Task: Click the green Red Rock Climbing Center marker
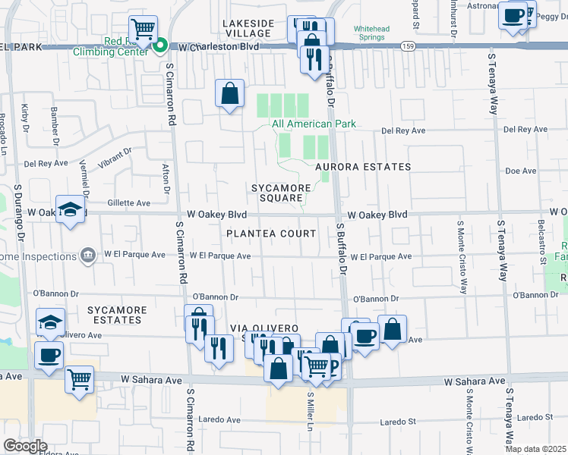pyautogui.click(x=160, y=46)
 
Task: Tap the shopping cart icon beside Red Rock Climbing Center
pyautogui.click(x=143, y=28)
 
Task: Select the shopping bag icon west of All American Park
pyautogui.click(x=229, y=94)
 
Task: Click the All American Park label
pyautogui.click(x=314, y=124)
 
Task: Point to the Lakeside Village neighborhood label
pyautogui.click(x=248, y=28)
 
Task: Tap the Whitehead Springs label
pyautogui.click(x=376, y=34)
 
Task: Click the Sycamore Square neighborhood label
pyautogui.click(x=282, y=193)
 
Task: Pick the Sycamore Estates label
pyautogui.click(x=114, y=315)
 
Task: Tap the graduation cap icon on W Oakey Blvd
pyautogui.click(x=70, y=212)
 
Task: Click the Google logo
pyautogui.click(x=25, y=445)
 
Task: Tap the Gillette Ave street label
pyautogui.click(x=129, y=203)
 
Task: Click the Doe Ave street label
pyautogui.click(x=521, y=171)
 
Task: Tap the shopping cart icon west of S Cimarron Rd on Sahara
pyautogui.click(x=80, y=380)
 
